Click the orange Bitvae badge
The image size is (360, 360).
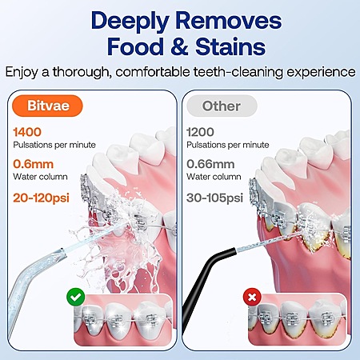[47, 106]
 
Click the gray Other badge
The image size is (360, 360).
[222, 106]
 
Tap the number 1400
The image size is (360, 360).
[27, 132]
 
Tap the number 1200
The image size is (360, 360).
[200, 132]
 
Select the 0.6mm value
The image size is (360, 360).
[34, 164]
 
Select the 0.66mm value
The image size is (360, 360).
[210, 164]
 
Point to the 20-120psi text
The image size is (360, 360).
[41, 198]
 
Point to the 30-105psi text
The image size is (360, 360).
[214, 198]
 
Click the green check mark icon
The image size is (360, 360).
[76, 297]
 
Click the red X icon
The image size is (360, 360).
[252, 297]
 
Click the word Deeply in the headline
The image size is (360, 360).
[130, 22]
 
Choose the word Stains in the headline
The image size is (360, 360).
[230, 47]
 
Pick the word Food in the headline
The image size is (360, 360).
[136, 47]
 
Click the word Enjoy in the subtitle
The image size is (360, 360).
[22, 72]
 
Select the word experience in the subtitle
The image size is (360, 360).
[321, 72]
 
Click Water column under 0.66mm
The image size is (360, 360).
[214, 177]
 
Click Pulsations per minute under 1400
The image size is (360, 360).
[54, 145]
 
